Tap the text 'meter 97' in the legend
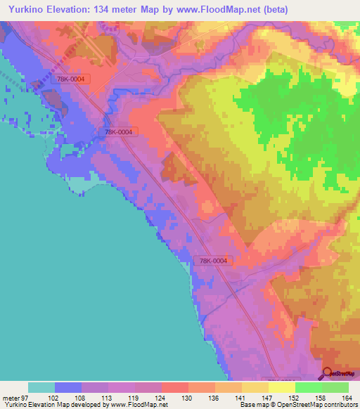pos(15,397)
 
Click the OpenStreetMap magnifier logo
pos(328,374)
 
